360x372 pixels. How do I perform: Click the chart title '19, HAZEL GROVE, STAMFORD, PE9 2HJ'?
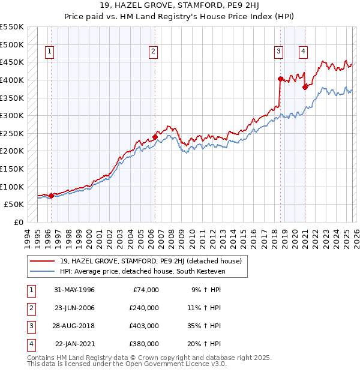click(179, 7)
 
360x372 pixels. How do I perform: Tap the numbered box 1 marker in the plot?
click(49, 52)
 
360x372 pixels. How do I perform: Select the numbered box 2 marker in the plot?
click(154, 52)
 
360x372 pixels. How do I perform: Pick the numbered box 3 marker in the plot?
click(279, 52)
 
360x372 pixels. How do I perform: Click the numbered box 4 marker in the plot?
click(304, 52)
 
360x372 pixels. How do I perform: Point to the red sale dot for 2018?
click(280, 79)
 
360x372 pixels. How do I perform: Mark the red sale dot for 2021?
click(305, 87)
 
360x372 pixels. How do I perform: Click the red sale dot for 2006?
click(155, 137)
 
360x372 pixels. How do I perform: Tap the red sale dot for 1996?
click(51, 195)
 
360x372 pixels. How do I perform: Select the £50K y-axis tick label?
click(14, 204)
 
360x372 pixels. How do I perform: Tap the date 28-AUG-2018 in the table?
click(74, 326)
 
